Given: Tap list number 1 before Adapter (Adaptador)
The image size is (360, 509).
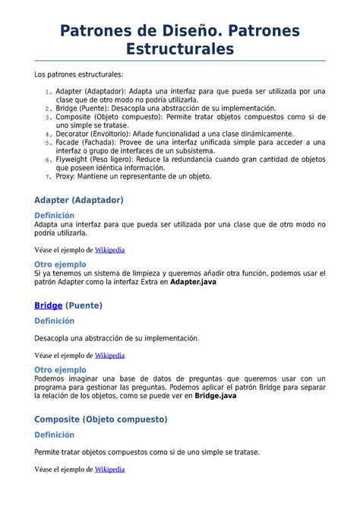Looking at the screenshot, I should coord(47,91).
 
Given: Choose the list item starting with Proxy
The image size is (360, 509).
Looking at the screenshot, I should coord(133,176).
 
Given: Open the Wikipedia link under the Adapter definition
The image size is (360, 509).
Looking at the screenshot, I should coord(109,249).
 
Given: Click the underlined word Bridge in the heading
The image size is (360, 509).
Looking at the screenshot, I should coord(48,305).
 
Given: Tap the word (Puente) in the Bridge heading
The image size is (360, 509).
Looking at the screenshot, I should coord(84,305).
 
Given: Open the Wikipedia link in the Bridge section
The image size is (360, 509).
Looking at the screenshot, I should coord(109,355).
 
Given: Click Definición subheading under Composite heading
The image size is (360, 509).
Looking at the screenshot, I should coord(55,435).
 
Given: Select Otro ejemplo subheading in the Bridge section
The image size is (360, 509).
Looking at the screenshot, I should coord(61,370).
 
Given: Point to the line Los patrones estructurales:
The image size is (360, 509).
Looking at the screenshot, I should coord(78,74).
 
